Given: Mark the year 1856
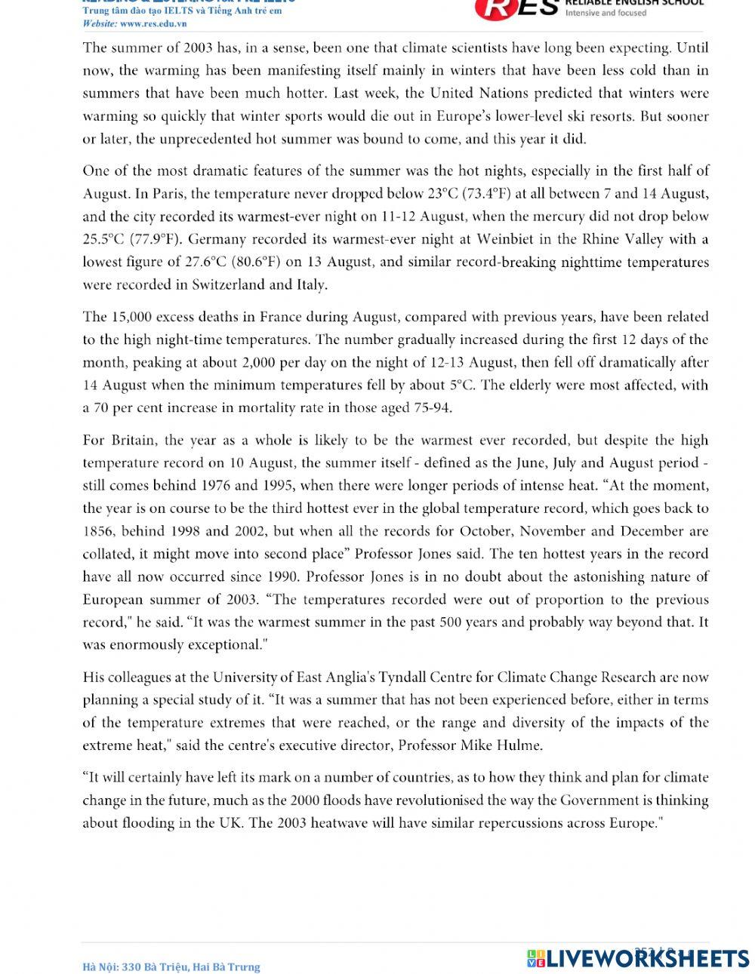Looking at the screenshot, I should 99,531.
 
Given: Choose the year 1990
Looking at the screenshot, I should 284,577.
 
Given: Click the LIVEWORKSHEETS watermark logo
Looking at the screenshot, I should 638,958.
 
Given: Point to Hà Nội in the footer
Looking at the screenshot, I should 100,966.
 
